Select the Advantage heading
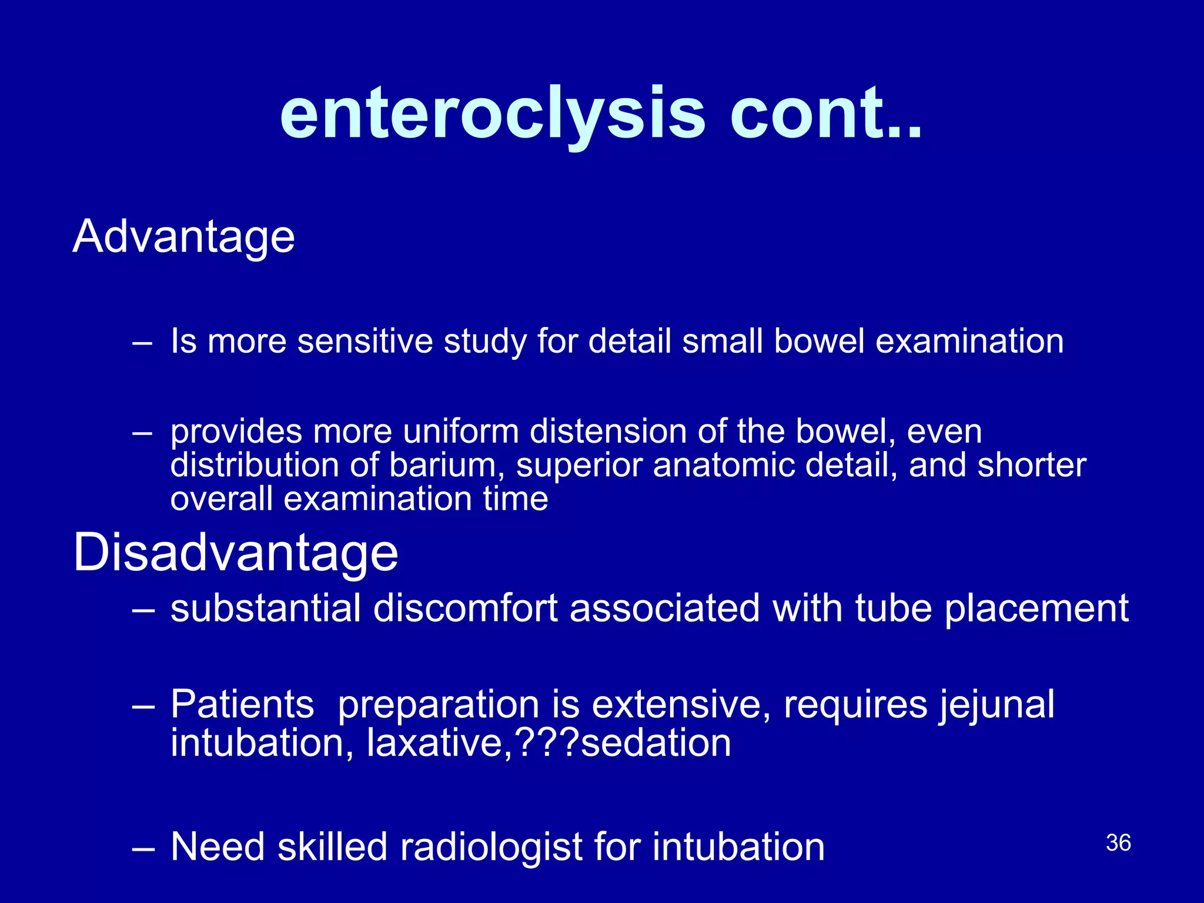tap(183, 236)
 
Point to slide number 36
tap(1118, 842)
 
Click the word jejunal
tap(996, 705)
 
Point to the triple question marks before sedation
tap(547, 743)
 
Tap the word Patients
tap(242, 705)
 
